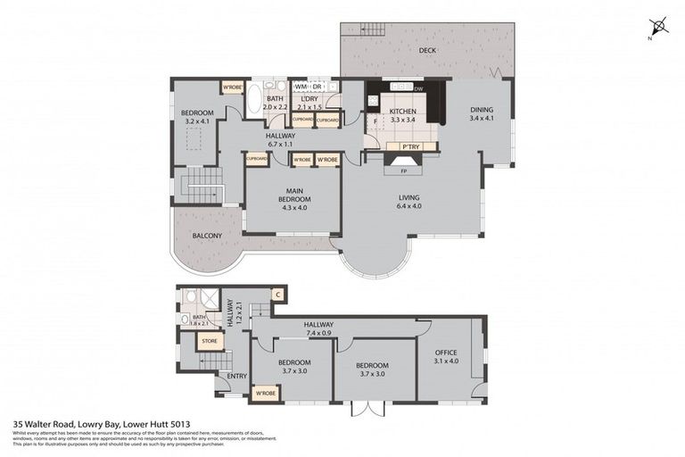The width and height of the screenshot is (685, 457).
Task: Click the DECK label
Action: tap(427, 51)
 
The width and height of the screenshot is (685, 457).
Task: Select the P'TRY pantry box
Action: tap(410, 145)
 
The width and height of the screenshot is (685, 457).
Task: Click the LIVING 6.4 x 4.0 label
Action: tap(409, 202)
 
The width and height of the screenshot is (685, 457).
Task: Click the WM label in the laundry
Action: tap(301, 87)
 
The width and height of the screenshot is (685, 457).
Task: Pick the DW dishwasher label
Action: tap(418, 88)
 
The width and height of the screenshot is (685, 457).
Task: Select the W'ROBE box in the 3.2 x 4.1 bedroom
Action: tap(232, 87)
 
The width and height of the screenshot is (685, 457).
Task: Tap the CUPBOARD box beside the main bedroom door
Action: tap(257, 159)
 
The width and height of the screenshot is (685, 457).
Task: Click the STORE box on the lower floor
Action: tap(209, 340)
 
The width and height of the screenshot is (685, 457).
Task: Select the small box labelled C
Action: tap(278, 294)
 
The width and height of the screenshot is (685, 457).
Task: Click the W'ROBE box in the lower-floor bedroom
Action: tap(264, 392)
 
